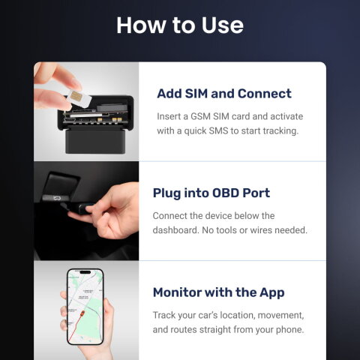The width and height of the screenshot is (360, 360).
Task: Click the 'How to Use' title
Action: coord(180,25)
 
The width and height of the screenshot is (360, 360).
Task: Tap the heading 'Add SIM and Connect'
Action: coord(224,94)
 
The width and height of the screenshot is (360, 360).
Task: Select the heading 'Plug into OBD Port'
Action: coord(211,193)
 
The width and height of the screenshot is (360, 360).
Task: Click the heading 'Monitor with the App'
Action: coord(219,292)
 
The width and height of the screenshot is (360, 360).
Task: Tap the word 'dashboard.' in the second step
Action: coord(175,230)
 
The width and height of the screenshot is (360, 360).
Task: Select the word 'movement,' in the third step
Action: coord(280,315)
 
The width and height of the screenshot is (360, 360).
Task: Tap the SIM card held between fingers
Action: coord(79,98)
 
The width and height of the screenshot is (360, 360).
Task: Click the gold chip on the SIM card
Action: coord(76,96)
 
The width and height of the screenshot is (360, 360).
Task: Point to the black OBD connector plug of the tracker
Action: coord(95,140)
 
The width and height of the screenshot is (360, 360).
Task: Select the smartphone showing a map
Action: coord(85,307)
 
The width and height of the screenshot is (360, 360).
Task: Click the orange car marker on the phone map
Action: coord(82,313)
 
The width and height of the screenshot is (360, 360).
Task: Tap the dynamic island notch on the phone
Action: coord(85,272)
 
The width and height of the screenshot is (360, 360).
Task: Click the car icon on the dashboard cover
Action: coord(55,199)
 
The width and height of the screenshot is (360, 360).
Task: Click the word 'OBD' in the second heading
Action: coord(225,193)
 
